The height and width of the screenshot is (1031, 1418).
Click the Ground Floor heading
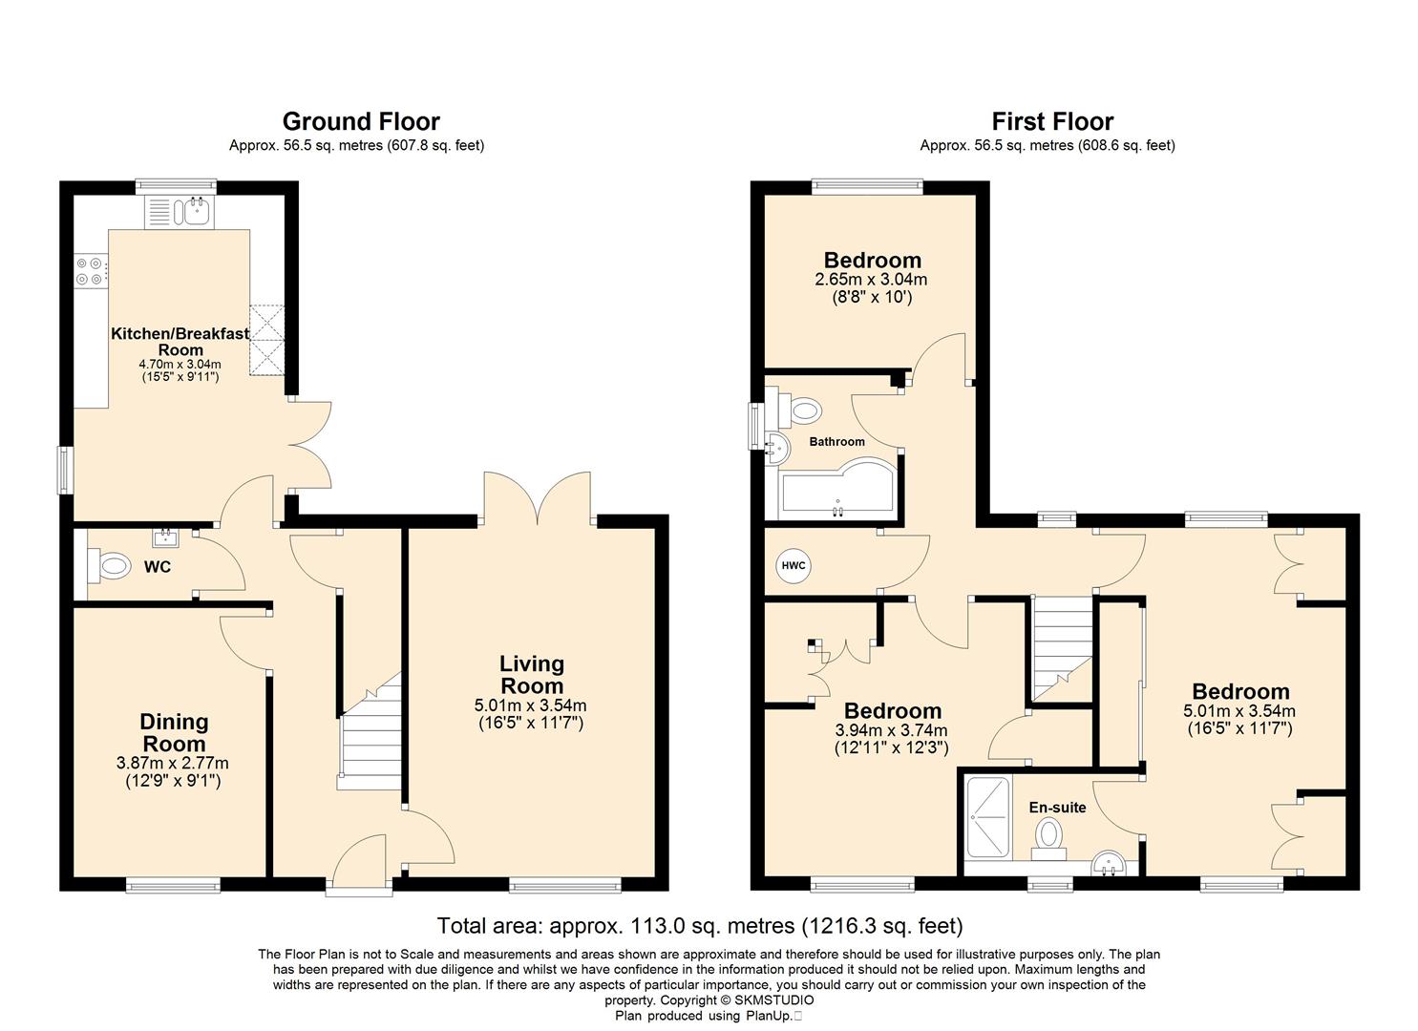(361, 121)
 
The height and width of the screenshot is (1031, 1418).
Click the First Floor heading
(1052, 121)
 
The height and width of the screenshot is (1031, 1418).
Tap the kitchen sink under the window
(198, 212)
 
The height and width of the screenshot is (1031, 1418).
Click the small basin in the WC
(166, 538)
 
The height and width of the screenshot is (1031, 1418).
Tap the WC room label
(157, 566)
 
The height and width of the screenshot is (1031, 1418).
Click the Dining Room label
(174, 732)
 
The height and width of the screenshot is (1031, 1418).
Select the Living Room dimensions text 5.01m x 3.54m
(531, 705)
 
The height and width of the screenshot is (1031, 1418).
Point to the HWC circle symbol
(794, 565)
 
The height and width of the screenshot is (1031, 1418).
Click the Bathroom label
(836, 442)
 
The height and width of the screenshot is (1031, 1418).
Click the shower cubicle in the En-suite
(987, 816)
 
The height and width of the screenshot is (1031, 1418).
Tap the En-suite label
(1057, 808)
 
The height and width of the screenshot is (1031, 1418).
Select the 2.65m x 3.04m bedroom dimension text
(871, 279)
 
